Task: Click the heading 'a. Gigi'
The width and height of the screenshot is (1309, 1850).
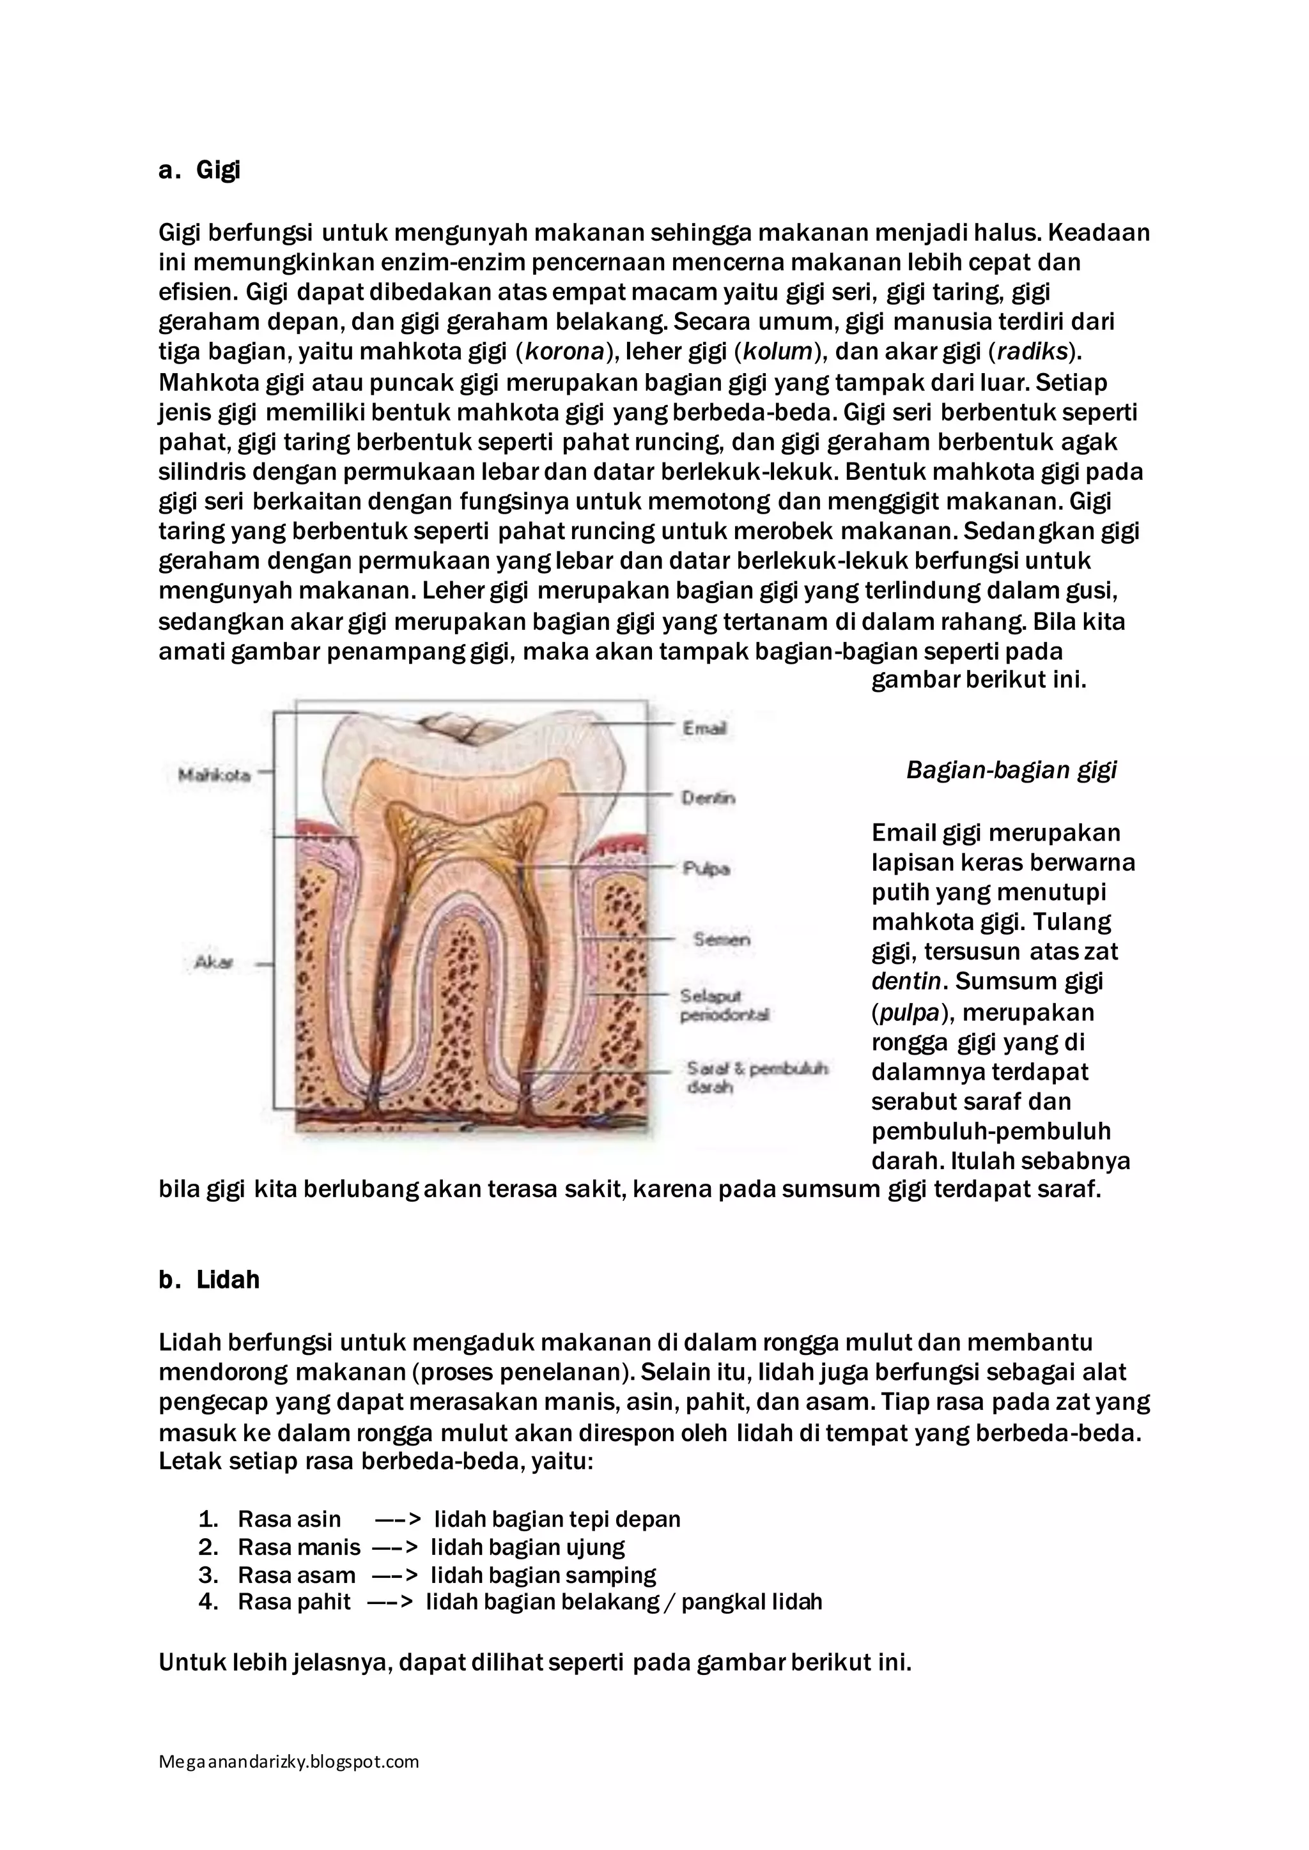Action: tap(200, 171)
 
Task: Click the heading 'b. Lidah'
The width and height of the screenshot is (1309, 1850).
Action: tap(209, 1280)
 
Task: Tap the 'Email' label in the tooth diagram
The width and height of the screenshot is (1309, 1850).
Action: tap(704, 728)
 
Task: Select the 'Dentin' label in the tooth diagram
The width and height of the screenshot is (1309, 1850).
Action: tap(708, 798)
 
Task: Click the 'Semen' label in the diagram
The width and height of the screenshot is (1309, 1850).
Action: tap(722, 940)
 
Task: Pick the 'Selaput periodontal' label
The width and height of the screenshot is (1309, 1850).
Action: tap(724, 1005)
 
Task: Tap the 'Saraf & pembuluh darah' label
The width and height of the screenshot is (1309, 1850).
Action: tap(756, 1077)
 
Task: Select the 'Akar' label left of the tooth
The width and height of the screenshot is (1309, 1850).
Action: tap(213, 962)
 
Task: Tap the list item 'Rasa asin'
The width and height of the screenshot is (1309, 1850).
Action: tap(290, 1519)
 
